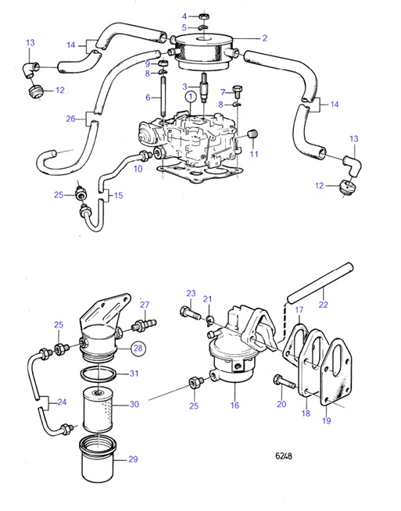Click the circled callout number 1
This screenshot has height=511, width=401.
coord(190,96)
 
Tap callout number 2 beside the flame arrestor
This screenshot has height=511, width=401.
coord(264,38)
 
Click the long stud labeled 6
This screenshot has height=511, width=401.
coord(165,100)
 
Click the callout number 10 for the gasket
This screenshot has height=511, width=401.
coord(138,168)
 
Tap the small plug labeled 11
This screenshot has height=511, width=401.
coord(253,138)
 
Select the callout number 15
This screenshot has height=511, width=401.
coord(118,195)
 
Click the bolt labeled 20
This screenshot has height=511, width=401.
coord(280,380)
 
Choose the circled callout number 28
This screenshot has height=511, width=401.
coord(138,348)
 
